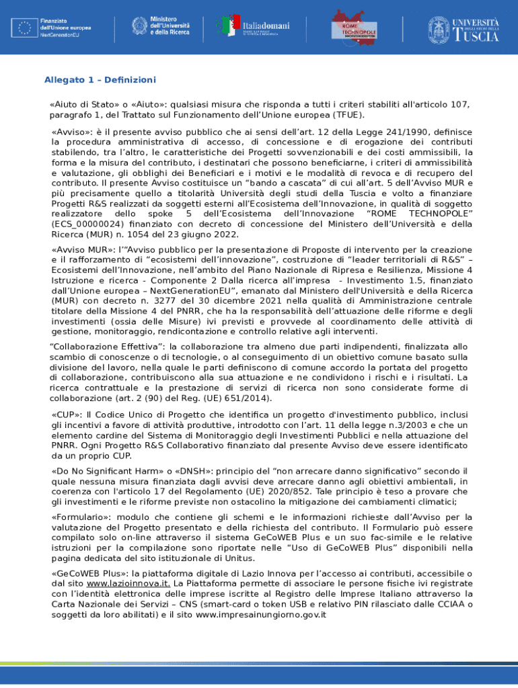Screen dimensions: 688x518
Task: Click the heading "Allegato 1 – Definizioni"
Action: (x=100, y=80)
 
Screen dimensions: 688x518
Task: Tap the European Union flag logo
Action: (x=24, y=28)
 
